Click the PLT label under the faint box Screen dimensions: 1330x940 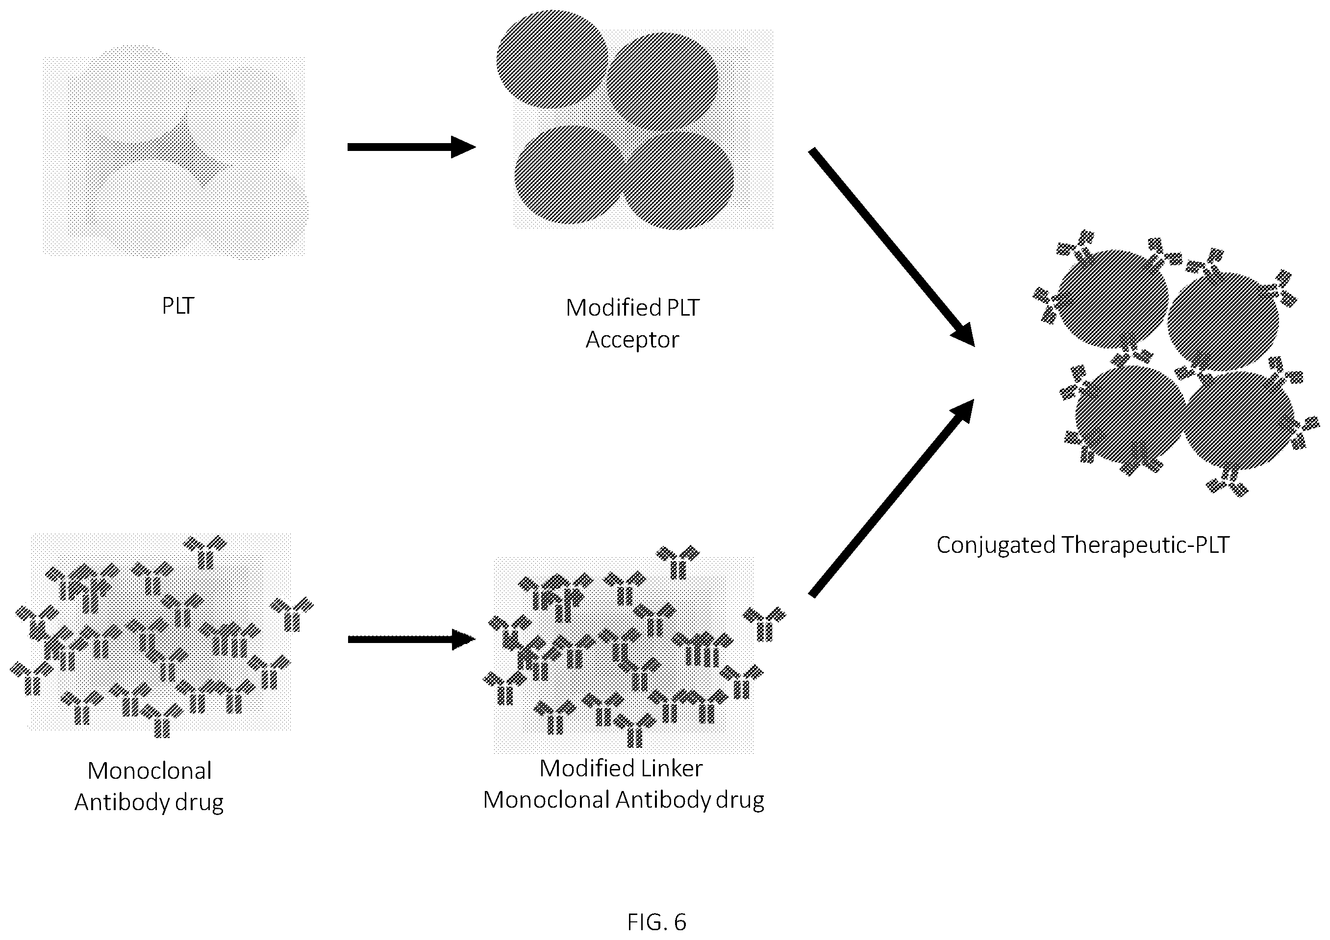[x=178, y=306]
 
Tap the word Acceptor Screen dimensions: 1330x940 [x=632, y=340]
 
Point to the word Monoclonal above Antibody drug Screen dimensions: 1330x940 [x=150, y=771]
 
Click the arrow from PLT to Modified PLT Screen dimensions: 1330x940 [x=411, y=147]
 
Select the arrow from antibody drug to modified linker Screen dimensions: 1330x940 [x=411, y=640]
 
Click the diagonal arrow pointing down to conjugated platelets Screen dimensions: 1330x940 [x=892, y=248]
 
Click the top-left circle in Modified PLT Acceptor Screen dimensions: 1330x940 [x=552, y=59]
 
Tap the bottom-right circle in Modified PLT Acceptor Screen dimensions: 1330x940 [x=678, y=181]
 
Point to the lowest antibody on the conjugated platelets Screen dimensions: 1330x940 [x=1228, y=484]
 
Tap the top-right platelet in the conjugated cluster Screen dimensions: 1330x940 [x=1223, y=322]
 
